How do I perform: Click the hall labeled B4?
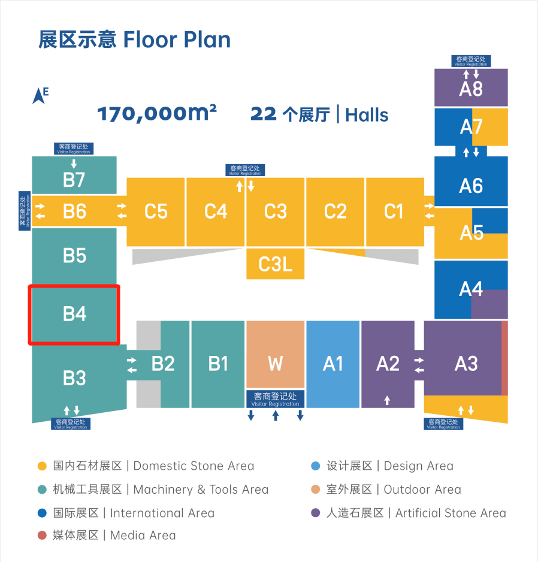(74, 314)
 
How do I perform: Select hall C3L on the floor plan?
(275, 264)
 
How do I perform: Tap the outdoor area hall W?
(275, 364)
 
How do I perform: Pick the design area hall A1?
(333, 364)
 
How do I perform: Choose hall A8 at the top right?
(471, 89)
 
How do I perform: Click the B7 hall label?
(74, 179)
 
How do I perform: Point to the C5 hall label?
(156, 211)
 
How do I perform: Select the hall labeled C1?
(394, 211)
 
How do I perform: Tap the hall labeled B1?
(218, 364)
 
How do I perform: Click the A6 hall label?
(471, 186)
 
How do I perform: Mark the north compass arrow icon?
(40, 95)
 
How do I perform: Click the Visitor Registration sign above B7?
(74, 149)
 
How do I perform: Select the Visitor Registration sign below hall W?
(275, 399)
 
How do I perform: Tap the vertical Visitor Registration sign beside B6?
(25, 211)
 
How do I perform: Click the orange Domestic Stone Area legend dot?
(42, 466)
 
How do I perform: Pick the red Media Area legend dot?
(42, 536)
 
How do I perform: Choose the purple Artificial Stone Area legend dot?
(316, 513)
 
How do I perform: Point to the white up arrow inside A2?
(387, 400)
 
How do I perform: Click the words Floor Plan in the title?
(177, 40)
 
